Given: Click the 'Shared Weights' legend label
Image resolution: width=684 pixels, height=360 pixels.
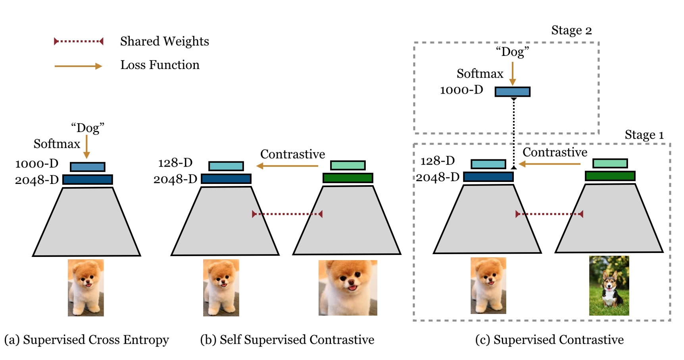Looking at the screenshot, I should pyautogui.click(x=164, y=41).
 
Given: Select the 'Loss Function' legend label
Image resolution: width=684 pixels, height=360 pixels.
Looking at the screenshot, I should pyautogui.click(x=160, y=65).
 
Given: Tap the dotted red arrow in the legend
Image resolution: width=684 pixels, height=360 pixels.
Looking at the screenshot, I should pyautogui.click(x=79, y=41).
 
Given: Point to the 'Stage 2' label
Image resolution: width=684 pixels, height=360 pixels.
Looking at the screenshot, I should pyautogui.click(x=571, y=31).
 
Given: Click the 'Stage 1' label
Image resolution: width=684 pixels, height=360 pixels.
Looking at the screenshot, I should pyautogui.click(x=644, y=135).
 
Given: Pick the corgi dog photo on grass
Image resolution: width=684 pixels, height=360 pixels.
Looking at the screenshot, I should pyautogui.click(x=609, y=285).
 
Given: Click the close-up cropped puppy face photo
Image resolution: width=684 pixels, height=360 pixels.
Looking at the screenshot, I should pyautogui.click(x=348, y=288).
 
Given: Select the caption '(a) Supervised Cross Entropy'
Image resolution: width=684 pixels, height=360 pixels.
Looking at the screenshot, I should pyautogui.click(x=86, y=340).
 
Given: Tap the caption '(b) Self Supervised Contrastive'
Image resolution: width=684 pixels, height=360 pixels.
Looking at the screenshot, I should pyautogui.click(x=287, y=340).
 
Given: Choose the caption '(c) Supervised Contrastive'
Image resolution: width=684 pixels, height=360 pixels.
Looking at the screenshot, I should pyautogui.click(x=549, y=340).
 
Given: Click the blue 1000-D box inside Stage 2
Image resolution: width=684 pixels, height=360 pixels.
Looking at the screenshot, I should pyautogui.click(x=512, y=92).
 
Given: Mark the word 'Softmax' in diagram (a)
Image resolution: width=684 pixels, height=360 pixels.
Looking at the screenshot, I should pyautogui.click(x=57, y=144).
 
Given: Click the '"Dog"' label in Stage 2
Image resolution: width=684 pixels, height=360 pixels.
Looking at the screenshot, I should pyautogui.click(x=512, y=52).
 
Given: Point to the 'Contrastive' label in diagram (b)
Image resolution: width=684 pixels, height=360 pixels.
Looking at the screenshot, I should pyautogui.click(x=292, y=154).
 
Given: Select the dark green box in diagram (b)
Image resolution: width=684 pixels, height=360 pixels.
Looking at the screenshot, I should pyautogui.click(x=348, y=178).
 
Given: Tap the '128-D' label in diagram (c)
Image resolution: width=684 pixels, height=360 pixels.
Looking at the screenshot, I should pyautogui.click(x=437, y=161).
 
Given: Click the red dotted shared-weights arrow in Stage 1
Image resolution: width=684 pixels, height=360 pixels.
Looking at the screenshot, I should pyautogui.click(x=549, y=214).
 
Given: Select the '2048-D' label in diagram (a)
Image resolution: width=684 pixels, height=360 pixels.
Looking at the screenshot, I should pyautogui.click(x=37, y=180).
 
